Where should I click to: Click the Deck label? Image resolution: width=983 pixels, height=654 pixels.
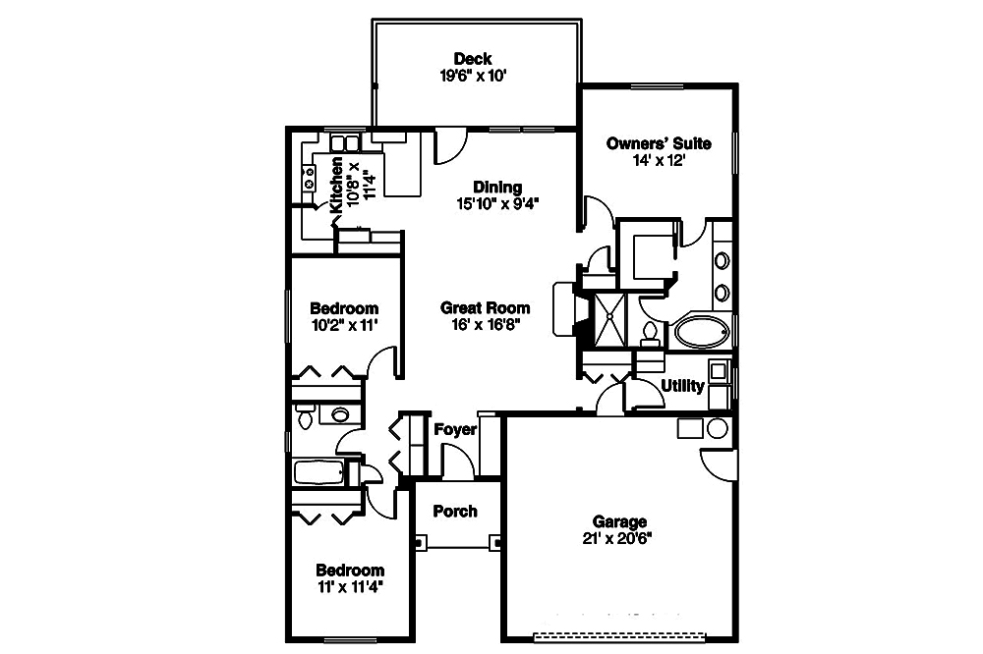click(x=473, y=59)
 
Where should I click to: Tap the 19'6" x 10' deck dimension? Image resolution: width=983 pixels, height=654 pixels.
click(x=473, y=77)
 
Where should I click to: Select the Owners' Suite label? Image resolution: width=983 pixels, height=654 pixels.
click(x=659, y=143)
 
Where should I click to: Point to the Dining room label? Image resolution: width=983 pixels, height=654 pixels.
click(x=497, y=187)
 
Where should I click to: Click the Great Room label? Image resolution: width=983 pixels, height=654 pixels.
click(x=486, y=307)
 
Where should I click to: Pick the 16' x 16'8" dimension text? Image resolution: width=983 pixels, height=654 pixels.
click(x=486, y=324)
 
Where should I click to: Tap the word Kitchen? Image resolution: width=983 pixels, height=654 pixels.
click(x=336, y=185)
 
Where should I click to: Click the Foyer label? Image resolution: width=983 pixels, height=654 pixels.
click(x=455, y=430)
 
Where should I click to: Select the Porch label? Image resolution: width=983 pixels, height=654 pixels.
click(x=455, y=512)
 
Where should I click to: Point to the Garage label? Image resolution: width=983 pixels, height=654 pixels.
click(x=619, y=521)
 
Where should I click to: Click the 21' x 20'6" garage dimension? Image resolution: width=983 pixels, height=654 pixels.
click(x=617, y=539)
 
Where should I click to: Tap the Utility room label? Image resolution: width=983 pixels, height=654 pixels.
click(x=683, y=386)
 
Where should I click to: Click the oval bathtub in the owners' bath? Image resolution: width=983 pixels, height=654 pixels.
click(x=702, y=331)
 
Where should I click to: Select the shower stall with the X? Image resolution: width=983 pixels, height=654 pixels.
click(x=609, y=320)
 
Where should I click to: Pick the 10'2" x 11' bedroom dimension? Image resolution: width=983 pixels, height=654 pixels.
click(x=344, y=325)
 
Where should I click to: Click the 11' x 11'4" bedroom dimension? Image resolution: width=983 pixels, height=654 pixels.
click(x=350, y=587)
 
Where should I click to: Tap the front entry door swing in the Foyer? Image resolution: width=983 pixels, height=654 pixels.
click(x=458, y=460)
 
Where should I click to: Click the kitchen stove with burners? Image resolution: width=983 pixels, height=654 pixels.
click(x=309, y=179)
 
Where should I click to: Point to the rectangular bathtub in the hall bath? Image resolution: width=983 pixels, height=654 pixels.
click(x=318, y=472)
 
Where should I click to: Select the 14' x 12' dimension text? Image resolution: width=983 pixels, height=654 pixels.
click(x=659, y=161)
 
